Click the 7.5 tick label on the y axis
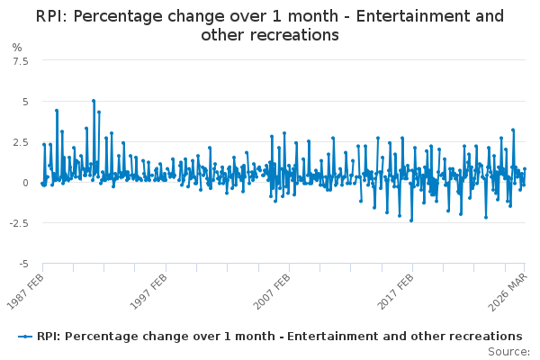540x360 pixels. tap(21, 61)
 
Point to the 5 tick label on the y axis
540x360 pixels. tap(25, 102)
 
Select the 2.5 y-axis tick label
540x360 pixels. tap(21, 142)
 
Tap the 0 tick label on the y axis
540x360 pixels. tap(25, 183)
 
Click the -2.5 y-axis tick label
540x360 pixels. tap(19, 223)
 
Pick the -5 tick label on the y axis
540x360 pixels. tap(23, 264)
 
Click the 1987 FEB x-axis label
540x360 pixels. tap(25, 292)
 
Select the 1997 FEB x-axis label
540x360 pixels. tap(148, 292)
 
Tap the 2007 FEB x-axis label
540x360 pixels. tap(272, 292)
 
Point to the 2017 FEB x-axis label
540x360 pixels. tap(395, 292)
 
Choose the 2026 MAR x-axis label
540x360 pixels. tap(508, 292)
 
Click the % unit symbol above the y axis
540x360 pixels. tap(17, 48)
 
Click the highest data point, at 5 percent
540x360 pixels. tap(94, 101)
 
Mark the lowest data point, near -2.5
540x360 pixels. tap(411, 220)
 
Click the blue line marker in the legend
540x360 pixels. tap(25, 337)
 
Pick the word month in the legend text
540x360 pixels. tap(255, 336)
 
